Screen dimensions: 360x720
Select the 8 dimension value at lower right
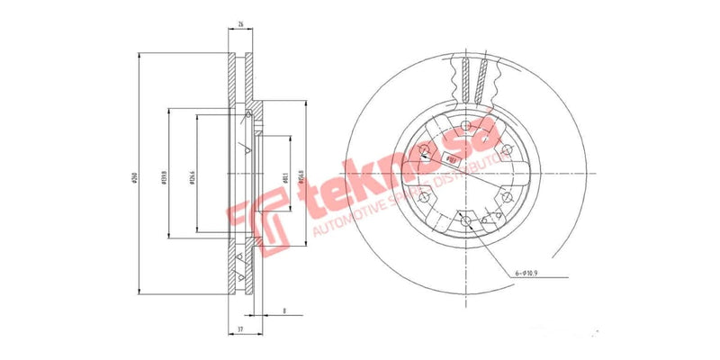click(284, 310)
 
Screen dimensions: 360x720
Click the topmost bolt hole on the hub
click(464, 125)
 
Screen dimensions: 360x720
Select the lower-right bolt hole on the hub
click(505, 195)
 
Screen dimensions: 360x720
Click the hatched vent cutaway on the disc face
click(474, 76)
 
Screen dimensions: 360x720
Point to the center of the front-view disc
click(464, 172)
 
